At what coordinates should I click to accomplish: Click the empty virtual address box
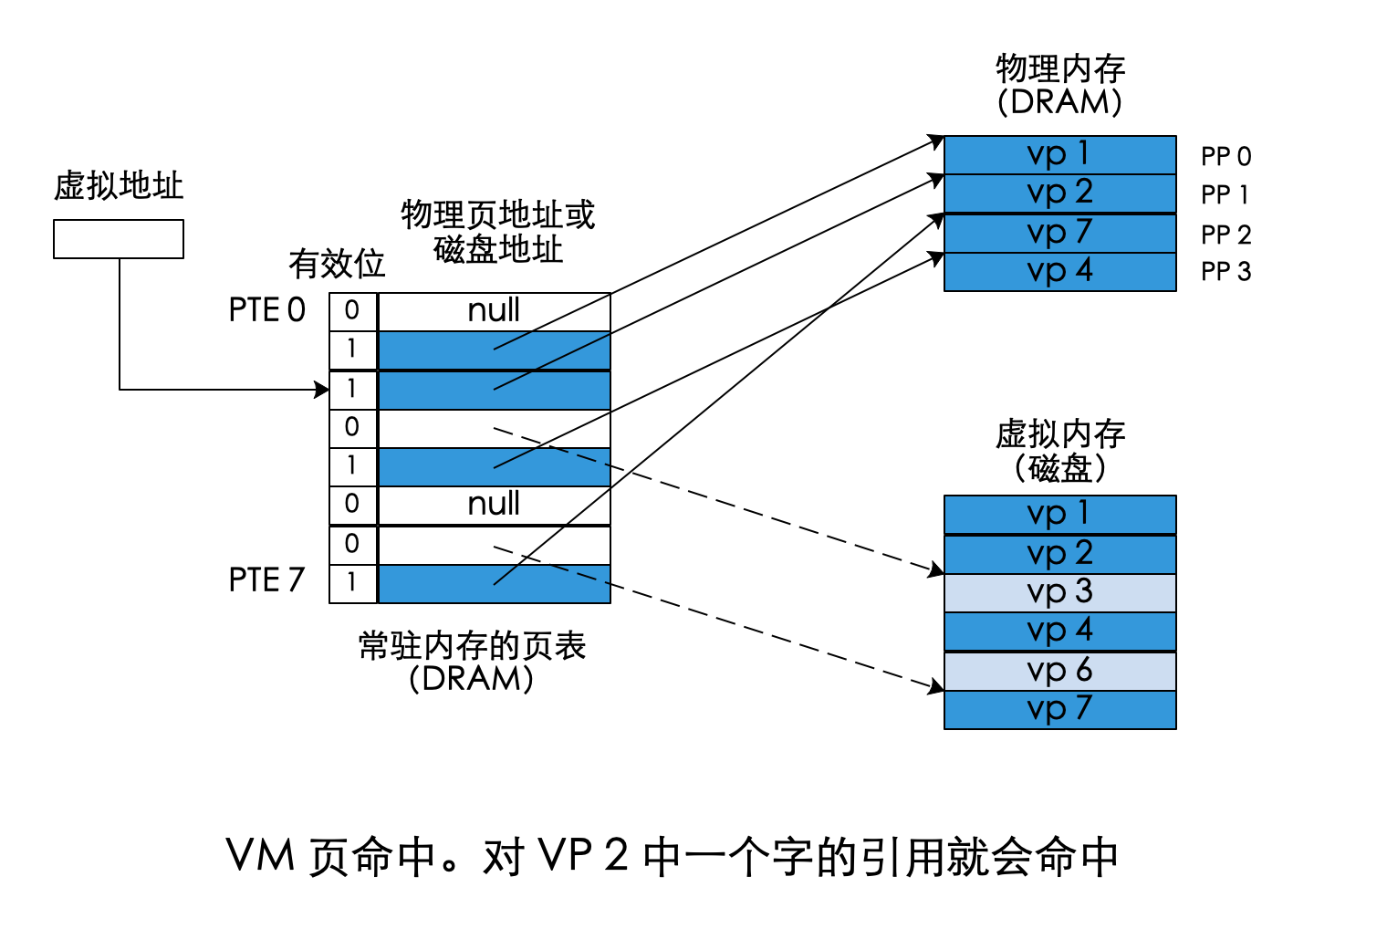point(119,239)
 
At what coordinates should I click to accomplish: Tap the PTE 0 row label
point(266,310)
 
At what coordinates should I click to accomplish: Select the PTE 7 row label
point(266,579)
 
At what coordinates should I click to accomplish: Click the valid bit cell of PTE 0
point(352,311)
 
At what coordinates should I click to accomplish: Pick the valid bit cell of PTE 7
point(352,582)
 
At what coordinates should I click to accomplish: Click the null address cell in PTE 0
point(494,311)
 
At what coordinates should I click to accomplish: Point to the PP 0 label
point(1225,157)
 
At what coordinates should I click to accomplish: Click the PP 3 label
point(1225,271)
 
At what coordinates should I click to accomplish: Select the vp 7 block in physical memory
point(1059,233)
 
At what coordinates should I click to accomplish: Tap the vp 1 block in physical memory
point(1059,154)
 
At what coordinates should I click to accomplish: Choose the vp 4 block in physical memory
point(1059,272)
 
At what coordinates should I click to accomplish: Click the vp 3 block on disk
point(1059,592)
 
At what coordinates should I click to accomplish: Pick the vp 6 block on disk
point(1059,671)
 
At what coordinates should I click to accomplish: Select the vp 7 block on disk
point(1059,709)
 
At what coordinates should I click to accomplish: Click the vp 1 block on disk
point(1059,514)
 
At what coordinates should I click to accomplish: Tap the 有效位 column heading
point(337,264)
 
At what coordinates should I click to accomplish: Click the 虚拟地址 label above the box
point(119,185)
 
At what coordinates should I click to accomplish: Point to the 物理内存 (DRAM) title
point(1059,85)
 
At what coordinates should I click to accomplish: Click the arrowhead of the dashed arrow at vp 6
point(937,686)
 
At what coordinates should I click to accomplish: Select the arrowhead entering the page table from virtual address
point(322,390)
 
